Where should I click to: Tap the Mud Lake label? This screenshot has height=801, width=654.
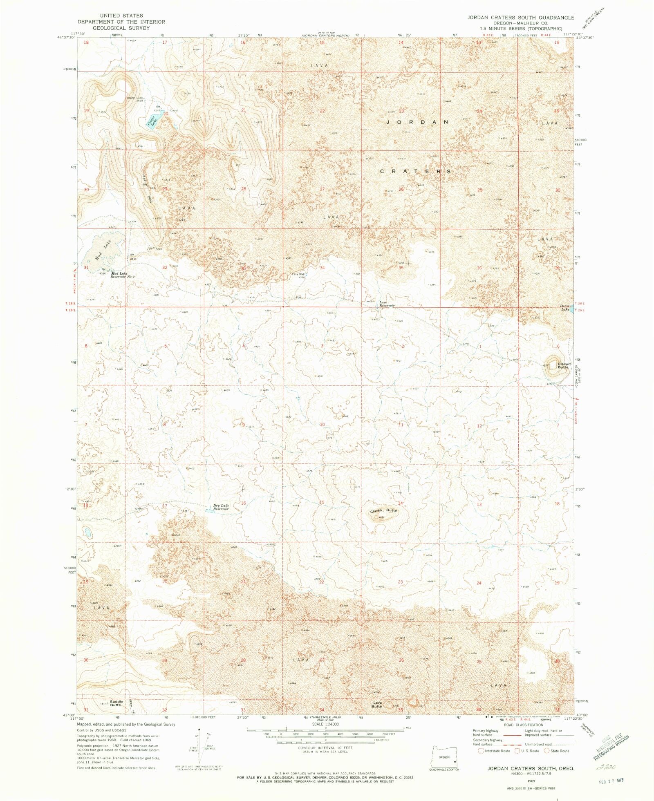tap(103, 250)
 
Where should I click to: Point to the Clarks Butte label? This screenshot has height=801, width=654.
tap(383, 510)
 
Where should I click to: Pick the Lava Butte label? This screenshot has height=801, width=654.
tap(376, 705)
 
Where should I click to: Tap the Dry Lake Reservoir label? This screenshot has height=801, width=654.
tap(221, 507)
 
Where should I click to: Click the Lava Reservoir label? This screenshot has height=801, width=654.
tap(386, 304)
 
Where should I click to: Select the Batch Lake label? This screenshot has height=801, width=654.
tap(564, 307)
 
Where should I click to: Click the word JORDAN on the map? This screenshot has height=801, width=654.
tap(417, 122)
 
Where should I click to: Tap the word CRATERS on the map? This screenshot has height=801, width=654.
tap(415, 171)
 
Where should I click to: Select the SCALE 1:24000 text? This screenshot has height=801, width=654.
tap(325, 724)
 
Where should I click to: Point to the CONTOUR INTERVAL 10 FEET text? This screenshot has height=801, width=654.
tap(325, 747)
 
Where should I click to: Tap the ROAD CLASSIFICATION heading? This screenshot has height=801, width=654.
tap(523, 725)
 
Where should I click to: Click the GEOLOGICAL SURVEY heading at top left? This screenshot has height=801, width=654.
tap(121, 28)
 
